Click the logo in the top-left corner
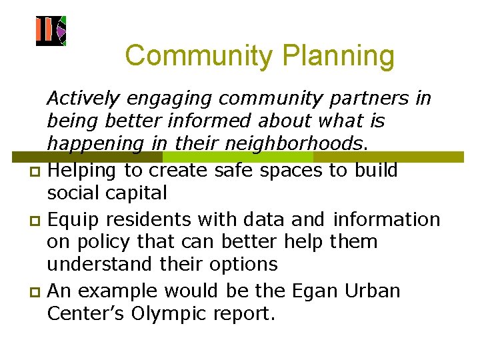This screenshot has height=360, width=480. click(51, 31)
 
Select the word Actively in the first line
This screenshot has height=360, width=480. click(83, 99)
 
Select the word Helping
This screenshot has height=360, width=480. click(87, 171)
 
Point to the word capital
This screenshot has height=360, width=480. click(143, 193)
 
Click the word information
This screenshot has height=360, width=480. click(387, 219)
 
